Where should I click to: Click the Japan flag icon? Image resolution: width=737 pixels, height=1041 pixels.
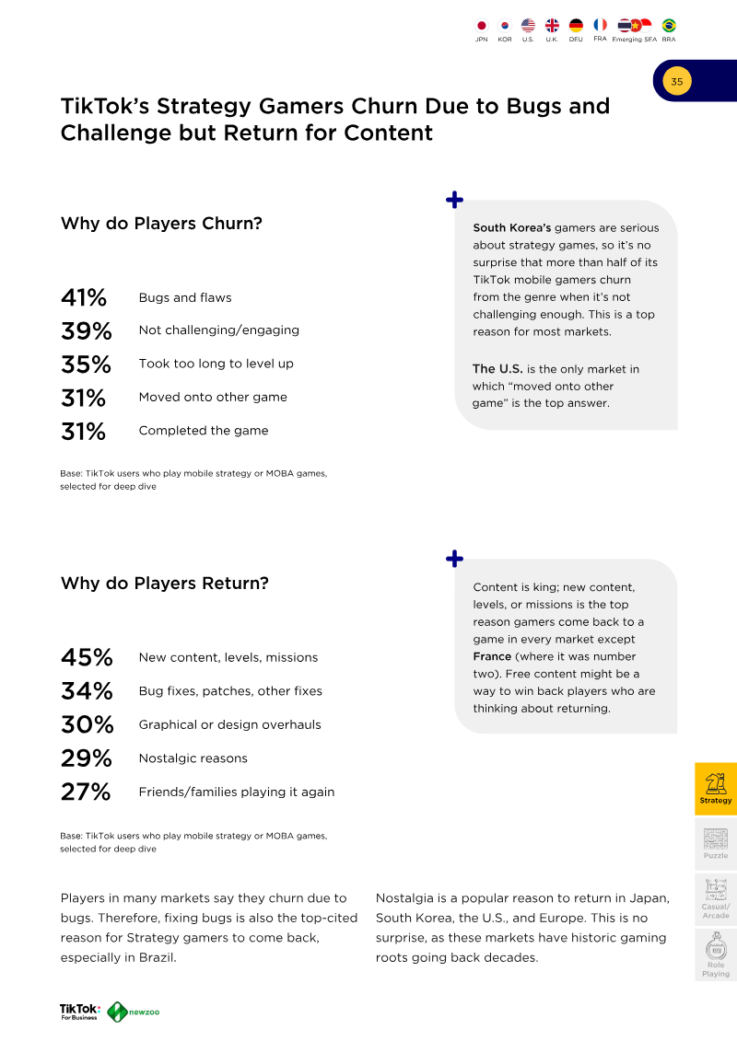[482, 26]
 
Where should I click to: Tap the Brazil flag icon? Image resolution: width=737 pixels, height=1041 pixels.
[669, 25]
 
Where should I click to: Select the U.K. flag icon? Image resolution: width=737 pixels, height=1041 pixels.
[552, 25]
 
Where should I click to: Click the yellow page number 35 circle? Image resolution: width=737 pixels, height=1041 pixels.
[676, 82]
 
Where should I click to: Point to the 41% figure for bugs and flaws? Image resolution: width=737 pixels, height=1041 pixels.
[84, 297]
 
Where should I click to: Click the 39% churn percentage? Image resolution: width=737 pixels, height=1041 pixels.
[87, 330]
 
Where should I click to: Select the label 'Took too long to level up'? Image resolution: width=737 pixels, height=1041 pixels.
[216, 364]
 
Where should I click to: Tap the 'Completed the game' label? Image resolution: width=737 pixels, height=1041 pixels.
[204, 430]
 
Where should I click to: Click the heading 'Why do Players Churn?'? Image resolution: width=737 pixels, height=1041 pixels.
[161, 223]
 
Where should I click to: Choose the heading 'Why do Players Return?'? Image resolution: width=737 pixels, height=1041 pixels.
[165, 583]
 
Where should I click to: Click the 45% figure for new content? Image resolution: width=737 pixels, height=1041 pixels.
[87, 657]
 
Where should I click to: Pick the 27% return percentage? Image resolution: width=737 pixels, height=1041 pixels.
[86, 792]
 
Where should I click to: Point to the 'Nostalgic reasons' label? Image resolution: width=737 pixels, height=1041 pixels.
[193, 758]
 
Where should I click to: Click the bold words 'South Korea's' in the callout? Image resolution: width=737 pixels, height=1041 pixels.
[512, 227]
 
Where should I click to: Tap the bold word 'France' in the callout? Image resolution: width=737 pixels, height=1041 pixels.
[493, 656]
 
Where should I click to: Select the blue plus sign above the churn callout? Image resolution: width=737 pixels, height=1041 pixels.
[454, 200]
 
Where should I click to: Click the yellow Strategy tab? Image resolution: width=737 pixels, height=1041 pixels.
[716, 789]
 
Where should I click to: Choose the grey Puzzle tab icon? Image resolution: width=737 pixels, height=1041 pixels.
[716, 839]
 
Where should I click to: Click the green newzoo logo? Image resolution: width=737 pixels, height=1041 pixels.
[134, 1012]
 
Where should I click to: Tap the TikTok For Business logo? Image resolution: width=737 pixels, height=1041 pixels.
[80, 1012]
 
